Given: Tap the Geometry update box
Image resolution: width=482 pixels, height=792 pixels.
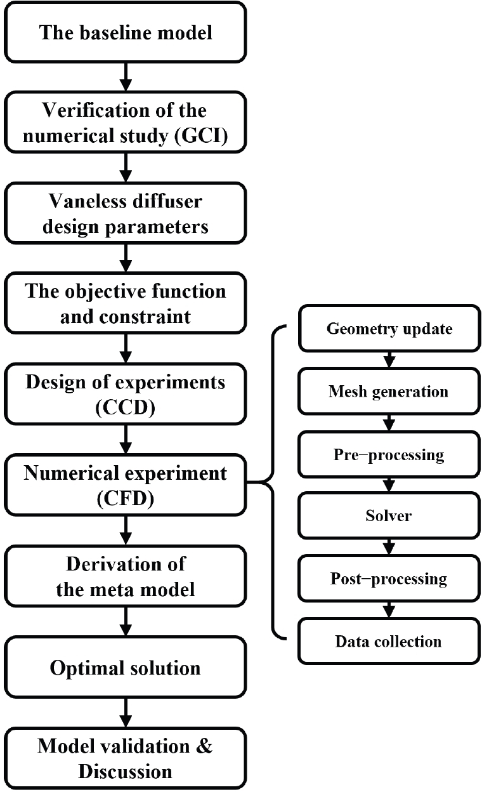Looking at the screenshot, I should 389,329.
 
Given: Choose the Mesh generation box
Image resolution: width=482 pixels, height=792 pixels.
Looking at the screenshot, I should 389,392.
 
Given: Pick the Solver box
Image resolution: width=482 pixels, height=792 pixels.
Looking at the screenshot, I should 389,516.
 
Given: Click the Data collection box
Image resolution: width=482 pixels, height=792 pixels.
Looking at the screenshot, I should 389,641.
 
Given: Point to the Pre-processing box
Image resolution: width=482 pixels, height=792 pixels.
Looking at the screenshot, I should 389,454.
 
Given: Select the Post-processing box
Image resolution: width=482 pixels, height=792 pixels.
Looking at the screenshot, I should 389,578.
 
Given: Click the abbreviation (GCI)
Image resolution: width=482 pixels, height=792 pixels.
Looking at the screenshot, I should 200,135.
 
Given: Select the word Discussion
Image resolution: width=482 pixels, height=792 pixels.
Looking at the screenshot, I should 125,770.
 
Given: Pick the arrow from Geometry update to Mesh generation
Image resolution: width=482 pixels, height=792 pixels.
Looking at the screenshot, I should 389,360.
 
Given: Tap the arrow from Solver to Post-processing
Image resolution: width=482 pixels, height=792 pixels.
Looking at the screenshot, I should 389,547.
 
